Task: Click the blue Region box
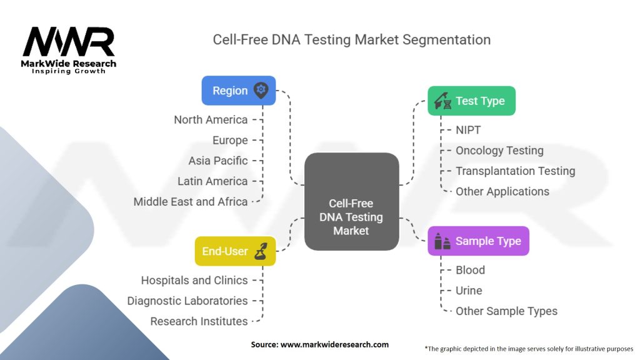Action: click(238, 91)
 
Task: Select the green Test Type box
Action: click(471, 101)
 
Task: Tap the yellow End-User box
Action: click(235, 251)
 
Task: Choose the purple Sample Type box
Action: click(478, 241)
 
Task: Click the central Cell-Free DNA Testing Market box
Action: click(351, 217)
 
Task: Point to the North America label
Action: click(211, 119)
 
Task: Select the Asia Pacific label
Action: click(218, 161)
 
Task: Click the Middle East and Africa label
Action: click(191, 202)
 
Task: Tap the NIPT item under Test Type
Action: click(468, 130)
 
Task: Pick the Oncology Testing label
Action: click(499, 151)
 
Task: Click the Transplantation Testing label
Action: click(515, 171)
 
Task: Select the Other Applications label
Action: click(502, 191)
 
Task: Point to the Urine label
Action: click(469, 291)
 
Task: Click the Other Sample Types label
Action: click(506, 311)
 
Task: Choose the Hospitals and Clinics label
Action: click(194, 281)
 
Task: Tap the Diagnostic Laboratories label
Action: click(187, 301)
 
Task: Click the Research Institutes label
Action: click(199, 321)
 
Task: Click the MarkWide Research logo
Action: click(69, 49)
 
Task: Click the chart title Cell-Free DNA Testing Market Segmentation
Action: click(351, 40)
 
